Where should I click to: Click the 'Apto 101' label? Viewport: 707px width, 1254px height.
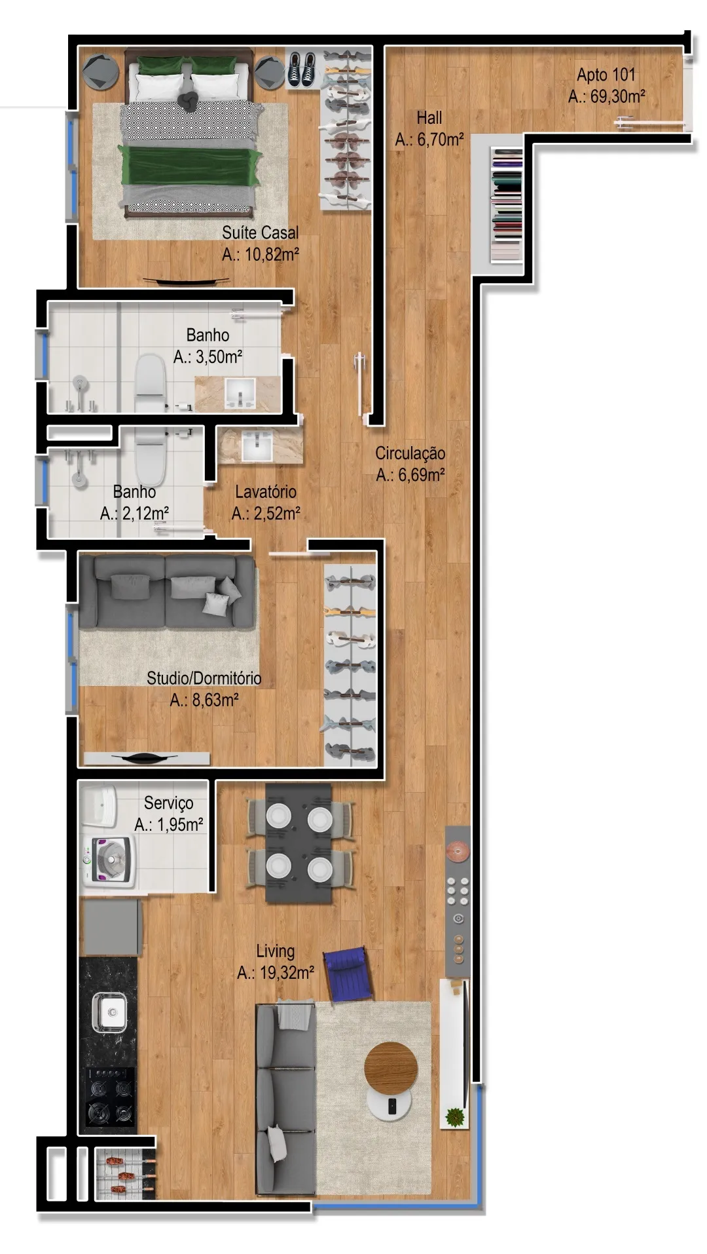(x=606, y=75)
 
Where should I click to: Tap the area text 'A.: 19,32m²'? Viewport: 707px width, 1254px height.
(x=276, y=973)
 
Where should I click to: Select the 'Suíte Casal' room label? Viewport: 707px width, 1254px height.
(x=260, y=233)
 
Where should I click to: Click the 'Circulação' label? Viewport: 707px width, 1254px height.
(x=410, y=453)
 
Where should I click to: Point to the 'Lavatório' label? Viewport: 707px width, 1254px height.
(x=266, y=491)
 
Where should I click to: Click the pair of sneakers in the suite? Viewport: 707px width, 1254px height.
(x=301, y=69)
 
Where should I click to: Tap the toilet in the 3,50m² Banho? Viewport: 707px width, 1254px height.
(x=150, y=383)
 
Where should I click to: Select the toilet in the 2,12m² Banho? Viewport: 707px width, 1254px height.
(x=150, y=455)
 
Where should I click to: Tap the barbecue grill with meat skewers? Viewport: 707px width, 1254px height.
(x=125, y=1173)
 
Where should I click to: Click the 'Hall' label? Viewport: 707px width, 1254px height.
(x=429, y=118)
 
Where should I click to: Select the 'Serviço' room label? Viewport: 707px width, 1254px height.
(x=168, y=803)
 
